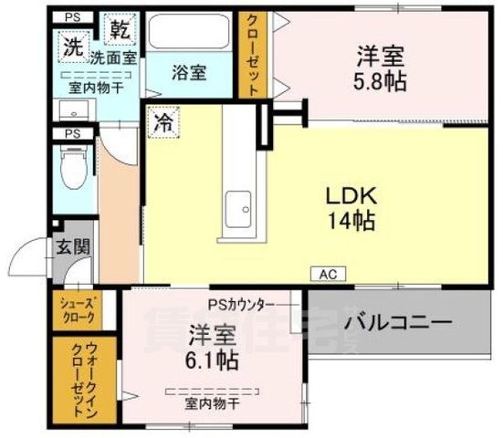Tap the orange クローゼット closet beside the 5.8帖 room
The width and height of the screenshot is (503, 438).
(x=253, y=55)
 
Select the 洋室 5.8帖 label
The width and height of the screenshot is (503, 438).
(x=380, y=67)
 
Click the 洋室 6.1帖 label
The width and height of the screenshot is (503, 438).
(x=214, y=347)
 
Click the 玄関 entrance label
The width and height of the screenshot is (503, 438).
(x=70, y=246)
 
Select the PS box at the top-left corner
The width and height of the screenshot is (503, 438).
(x=71, y=16)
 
